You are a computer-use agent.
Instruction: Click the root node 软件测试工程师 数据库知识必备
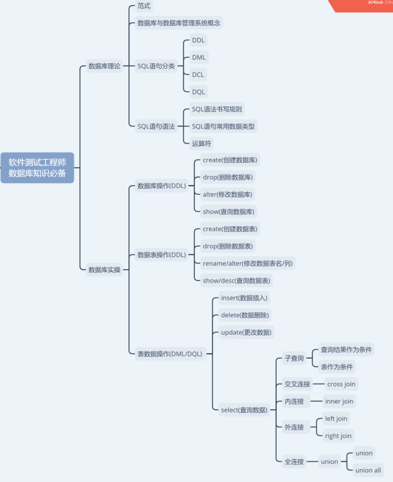tap(37, 168)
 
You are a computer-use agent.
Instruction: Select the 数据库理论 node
tap(104, 66)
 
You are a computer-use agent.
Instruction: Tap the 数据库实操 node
tap(104, 270)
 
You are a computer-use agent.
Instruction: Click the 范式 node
tap(144, 6)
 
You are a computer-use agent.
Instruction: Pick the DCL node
tap(198, 74)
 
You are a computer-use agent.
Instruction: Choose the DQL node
tap(198, 92)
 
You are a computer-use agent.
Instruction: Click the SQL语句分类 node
tap(156, 66)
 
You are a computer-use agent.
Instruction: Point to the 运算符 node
tap(201, 144)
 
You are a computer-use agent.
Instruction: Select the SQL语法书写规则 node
tap(217, 109)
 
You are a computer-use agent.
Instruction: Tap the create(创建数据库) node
tap(230, 160)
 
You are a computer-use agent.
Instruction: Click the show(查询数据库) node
tap(229, 211)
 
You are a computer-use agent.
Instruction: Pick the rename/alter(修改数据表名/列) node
tap(248, 263)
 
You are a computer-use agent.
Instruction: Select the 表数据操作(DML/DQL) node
tap(169, 354)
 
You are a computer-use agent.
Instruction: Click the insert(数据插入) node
tap(245, 298)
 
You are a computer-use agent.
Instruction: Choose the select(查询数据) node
tap(244, 410)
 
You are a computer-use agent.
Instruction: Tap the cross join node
tap(341, 384)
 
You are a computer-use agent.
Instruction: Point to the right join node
tap(338, 436)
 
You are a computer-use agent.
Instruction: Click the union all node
tap(368, 470)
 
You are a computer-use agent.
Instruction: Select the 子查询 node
tap(294, 359)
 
